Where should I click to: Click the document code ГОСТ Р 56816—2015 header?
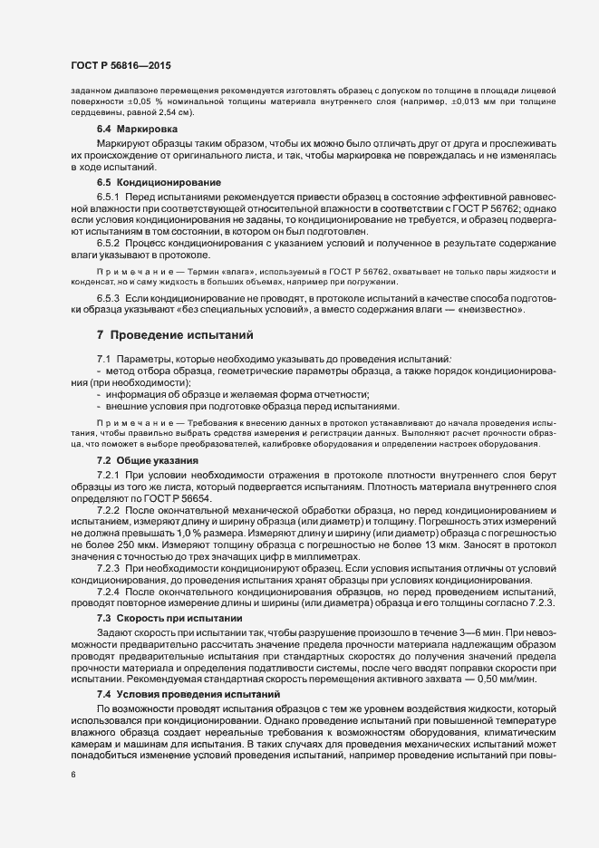click(x=120, y=64)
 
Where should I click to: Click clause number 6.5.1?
click(x=109, y=197)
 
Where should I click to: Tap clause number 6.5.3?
click(x=109, y=298)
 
